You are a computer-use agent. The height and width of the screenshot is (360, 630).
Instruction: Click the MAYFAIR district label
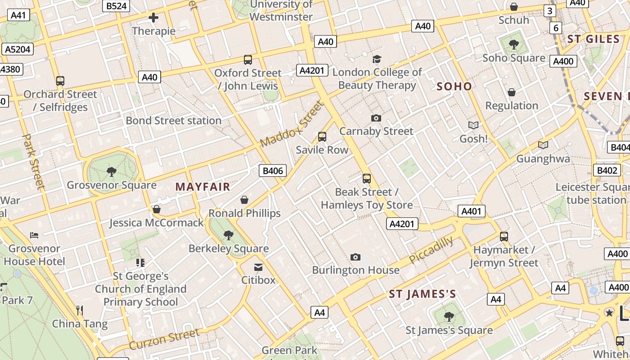coord(202,187)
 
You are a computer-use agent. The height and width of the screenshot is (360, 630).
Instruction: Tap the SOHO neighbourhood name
coord(454,86)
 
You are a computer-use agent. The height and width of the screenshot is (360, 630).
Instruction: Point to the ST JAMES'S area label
coord(423,294)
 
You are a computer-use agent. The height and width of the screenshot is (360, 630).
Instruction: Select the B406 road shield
coord(273,171)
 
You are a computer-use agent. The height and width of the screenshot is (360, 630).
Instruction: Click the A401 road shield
coord(471,211)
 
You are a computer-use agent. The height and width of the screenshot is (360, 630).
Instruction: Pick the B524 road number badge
coord(116,6)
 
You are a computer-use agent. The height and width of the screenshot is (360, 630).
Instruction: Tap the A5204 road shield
coord(18,49)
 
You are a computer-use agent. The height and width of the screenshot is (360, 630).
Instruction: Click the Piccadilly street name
coord(431,250)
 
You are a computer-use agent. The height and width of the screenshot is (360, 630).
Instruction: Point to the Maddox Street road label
coord(292,124)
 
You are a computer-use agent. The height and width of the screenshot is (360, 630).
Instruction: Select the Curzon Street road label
coord(164,339)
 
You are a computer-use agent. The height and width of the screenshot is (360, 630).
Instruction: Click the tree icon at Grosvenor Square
coord(111,171)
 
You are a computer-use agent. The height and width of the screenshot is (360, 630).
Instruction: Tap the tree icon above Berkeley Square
coord(229,235)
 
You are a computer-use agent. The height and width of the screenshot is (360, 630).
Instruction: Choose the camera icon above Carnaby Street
coord(376,118)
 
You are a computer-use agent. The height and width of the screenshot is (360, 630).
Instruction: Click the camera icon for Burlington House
coord(355,257)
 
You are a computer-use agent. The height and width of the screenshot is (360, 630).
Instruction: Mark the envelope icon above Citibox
coord(258,267)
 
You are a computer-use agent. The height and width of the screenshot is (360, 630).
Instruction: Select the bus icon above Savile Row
coord(322,137)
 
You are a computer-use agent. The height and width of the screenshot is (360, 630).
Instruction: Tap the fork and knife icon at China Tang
coord(80,310)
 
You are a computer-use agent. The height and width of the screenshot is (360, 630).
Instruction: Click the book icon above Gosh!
coord(473,125)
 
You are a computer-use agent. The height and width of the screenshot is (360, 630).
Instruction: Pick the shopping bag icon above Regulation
coord(512,92)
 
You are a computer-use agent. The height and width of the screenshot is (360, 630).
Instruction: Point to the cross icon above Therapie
coord(153,18)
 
